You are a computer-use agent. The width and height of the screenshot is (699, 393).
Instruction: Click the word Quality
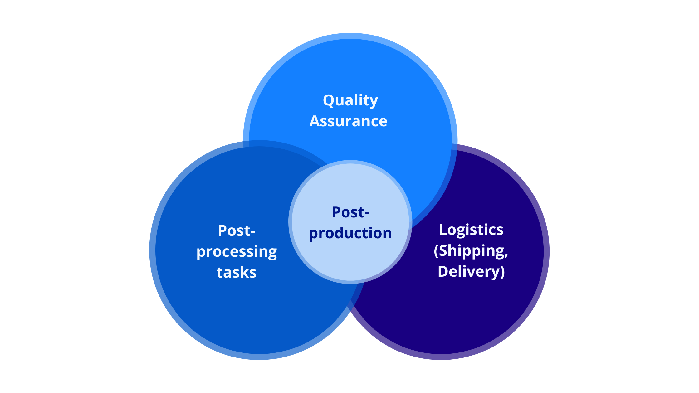[x=350, y=100]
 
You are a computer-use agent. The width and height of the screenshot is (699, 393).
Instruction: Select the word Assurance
[x=348, y=121]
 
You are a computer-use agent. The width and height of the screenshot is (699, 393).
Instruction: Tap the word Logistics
[x=471, y=230]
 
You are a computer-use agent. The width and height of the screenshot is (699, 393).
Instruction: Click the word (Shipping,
[x=471, y=251]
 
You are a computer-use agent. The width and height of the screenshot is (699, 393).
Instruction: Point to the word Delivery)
[x=471, y=271]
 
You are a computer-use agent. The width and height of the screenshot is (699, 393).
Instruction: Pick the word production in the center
[x=350, y=233]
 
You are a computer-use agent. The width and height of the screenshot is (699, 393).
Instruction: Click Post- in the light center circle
[x=350, y=212]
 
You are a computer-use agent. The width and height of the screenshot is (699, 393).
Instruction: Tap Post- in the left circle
[x=237, y=231]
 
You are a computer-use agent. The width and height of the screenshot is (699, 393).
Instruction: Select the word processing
[x=237, y=252]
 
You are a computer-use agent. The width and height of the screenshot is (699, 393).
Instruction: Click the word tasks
[x=237, y=272]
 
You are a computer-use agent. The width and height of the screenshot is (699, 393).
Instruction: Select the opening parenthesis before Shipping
[x=436, y=251]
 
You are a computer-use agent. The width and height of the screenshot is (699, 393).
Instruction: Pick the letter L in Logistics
[x=442, y=230]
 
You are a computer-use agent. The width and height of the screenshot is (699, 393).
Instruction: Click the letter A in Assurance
[x=315, y=121]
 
